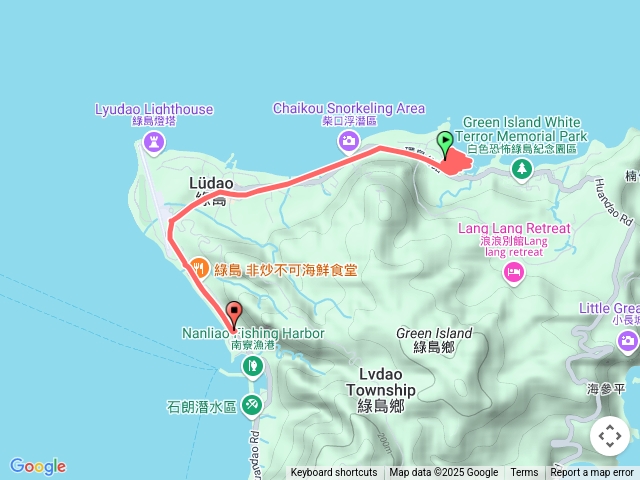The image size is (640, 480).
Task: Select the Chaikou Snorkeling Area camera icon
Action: pyautogui.click(x=347, y=140)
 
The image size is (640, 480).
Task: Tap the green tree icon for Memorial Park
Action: pyautogui.click(x=521, y=169)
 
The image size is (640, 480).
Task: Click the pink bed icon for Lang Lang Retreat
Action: pyautogui.click(x=514, y=272)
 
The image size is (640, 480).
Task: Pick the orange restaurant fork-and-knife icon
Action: pyautogui.click(x=198, y=268)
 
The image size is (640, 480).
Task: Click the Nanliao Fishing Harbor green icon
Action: pyautogui.click(x=253, y=366)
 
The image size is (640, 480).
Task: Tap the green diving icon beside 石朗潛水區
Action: pyautogui.click(x=252, y=405)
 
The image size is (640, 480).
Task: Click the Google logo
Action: pyautogui.click(x=38, y=466)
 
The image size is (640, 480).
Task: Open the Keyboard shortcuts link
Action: pyautogui.click(x=334, y=473)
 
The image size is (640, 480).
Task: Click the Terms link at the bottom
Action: pyautogui.click(x=524, y=473)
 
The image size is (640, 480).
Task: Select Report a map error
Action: pyautogui.click(x=592, y=473)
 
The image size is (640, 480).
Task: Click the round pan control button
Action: pyautogui.click(x=609, y=436)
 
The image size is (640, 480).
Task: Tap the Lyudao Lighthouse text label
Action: pyautogui.click(x=154, y=109)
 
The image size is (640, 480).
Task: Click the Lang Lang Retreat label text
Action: pyautogui.click(x=514, y=229)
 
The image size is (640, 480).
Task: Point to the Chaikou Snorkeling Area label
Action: pyautogui.click(x=348, y=108)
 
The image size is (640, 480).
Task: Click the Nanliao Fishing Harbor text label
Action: pyautogui.click(x=253, y=332)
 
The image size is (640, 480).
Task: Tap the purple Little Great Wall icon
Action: pyautogui.click(x=628, y=343)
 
